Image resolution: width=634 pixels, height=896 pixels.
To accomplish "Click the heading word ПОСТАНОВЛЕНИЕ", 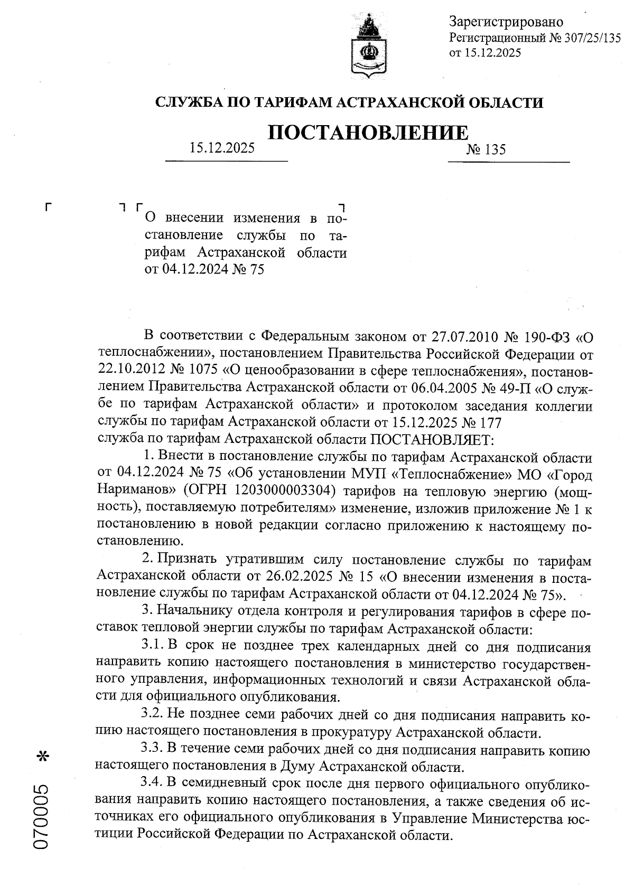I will pos(368,133).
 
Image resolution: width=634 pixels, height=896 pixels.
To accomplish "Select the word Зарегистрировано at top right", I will pos(506,22).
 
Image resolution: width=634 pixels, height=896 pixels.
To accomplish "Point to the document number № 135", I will pos(486,150).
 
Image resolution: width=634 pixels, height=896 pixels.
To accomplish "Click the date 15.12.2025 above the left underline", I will pos(222,148).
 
